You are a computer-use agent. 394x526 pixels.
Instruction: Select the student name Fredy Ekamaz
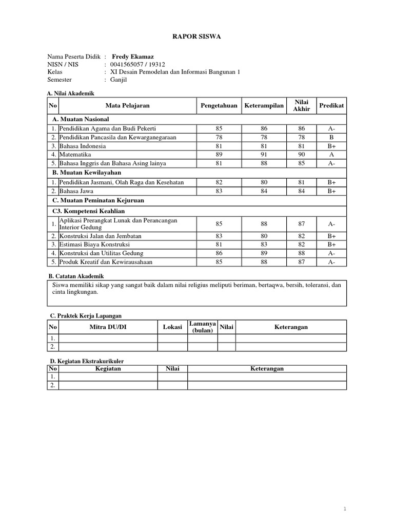click(x=132, y=57)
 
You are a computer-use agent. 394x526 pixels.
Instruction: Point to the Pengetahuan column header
click(x=219, y=105)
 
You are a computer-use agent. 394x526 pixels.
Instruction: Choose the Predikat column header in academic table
click(x=332, y=105)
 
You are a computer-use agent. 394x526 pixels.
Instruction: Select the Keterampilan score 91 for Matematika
click(x=264, y=154)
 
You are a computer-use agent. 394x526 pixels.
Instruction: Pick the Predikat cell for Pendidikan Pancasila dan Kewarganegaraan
click(x=332, y=137)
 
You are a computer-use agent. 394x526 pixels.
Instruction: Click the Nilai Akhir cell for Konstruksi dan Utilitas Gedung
click(x=301, y=253)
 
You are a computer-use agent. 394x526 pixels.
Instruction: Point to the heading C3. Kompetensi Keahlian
click(x=89, y=211)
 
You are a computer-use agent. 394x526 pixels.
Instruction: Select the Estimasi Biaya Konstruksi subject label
click(x=94, y=245)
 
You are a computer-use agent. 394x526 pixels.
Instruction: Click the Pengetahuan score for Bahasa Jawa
click(x=219, y=191)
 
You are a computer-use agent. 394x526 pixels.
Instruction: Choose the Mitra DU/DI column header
click(x=108, y=327)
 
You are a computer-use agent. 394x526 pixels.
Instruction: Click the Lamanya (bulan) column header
click(x=202, y=327)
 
